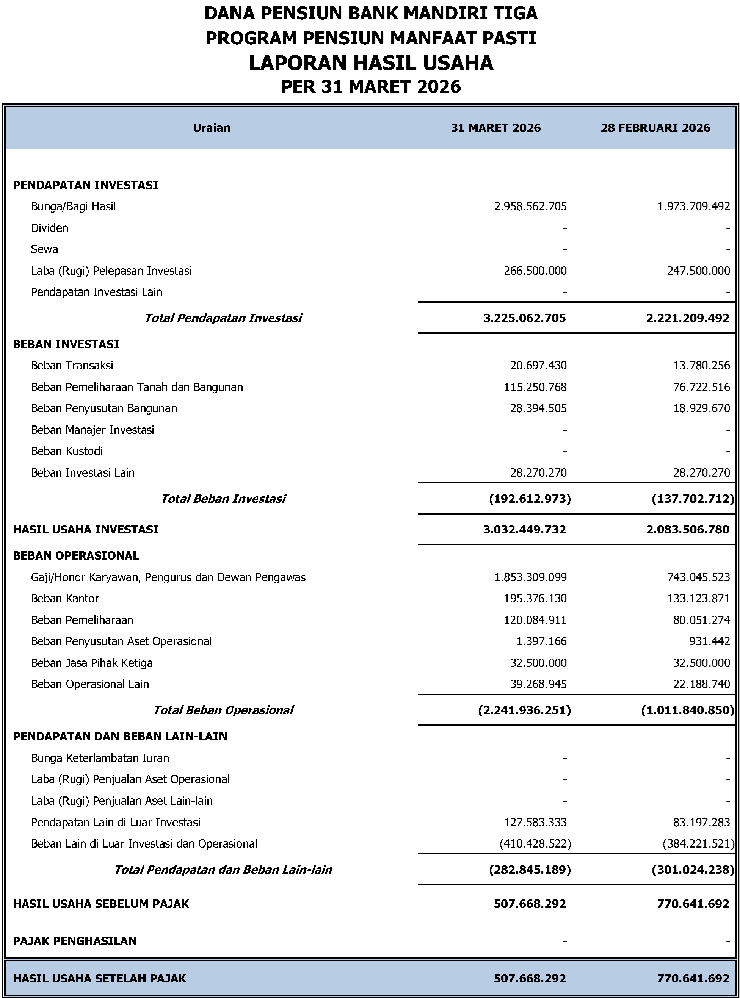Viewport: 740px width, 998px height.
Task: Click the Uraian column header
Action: tap(212, 128)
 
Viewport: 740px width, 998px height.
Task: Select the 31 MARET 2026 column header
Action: tap(495, 128)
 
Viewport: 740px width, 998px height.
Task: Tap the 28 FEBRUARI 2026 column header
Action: tap(655, 128)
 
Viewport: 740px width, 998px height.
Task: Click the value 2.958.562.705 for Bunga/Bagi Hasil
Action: tap(530, 206)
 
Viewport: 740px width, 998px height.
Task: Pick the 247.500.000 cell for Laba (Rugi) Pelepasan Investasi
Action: tap(698, 271)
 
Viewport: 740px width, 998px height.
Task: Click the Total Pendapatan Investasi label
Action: tap(223, 318)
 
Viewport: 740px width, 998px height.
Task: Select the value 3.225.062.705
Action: tap(525, 318)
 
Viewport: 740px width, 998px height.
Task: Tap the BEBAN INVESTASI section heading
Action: tap(66, 344)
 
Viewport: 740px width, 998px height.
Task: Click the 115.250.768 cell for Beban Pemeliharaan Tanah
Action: tap(535, 387)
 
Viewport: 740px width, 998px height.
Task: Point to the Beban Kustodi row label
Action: tap(67, 451)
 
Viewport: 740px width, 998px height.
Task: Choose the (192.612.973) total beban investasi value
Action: tap(530, 499)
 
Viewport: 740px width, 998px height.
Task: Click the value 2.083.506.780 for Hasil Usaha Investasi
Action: tap(688, 530)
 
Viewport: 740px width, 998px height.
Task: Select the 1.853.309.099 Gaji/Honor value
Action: tap(530, 577)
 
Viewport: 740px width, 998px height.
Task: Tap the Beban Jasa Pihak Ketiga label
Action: tap(92, 663)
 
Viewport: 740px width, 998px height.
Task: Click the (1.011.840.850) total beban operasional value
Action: tap(688, 710)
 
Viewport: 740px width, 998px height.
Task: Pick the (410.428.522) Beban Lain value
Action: tap(535, 844)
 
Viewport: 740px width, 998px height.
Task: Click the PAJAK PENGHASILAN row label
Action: tap(75, 941)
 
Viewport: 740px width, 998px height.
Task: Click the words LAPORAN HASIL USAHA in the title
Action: tap(371, 63)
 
